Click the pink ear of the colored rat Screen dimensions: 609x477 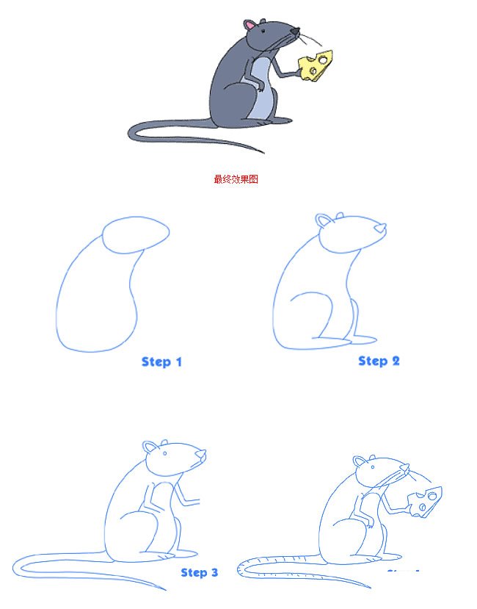click(250, 27)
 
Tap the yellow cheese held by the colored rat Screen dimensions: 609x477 click(316, 66)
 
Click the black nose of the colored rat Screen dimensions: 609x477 click(295, 32)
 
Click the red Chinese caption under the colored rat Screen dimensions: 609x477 click(236, 179)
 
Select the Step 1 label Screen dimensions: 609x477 click(161, 361)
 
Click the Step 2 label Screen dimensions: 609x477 click(379, 361)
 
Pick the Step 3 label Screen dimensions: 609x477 click(199, 572)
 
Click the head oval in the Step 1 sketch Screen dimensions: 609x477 click(135, 234)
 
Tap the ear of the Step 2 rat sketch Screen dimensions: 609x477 click(324, 220)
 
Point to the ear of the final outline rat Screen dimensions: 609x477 click(360, 462)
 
